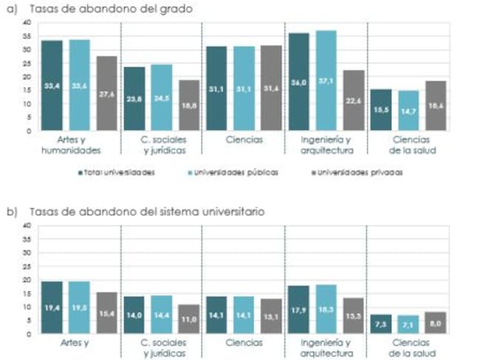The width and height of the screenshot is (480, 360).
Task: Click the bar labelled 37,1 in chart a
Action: tap(326, 81)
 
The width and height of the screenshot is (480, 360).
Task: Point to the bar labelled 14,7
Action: tap(408, 111)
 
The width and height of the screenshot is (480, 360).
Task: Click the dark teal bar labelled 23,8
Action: tap(134, 99)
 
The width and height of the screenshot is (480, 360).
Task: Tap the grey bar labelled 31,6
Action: tap(271, 89)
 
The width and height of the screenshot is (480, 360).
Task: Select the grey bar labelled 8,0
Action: tap(436, 323)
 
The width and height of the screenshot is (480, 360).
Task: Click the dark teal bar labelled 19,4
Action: tap(52, 308)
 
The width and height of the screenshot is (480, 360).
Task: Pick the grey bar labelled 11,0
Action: tap(189, 319)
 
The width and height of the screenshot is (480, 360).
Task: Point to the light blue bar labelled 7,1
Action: tap(408, 325)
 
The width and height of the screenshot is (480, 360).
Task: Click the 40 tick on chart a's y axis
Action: tap(27, 23)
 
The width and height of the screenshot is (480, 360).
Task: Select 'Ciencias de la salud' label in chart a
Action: tap(408, 144)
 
